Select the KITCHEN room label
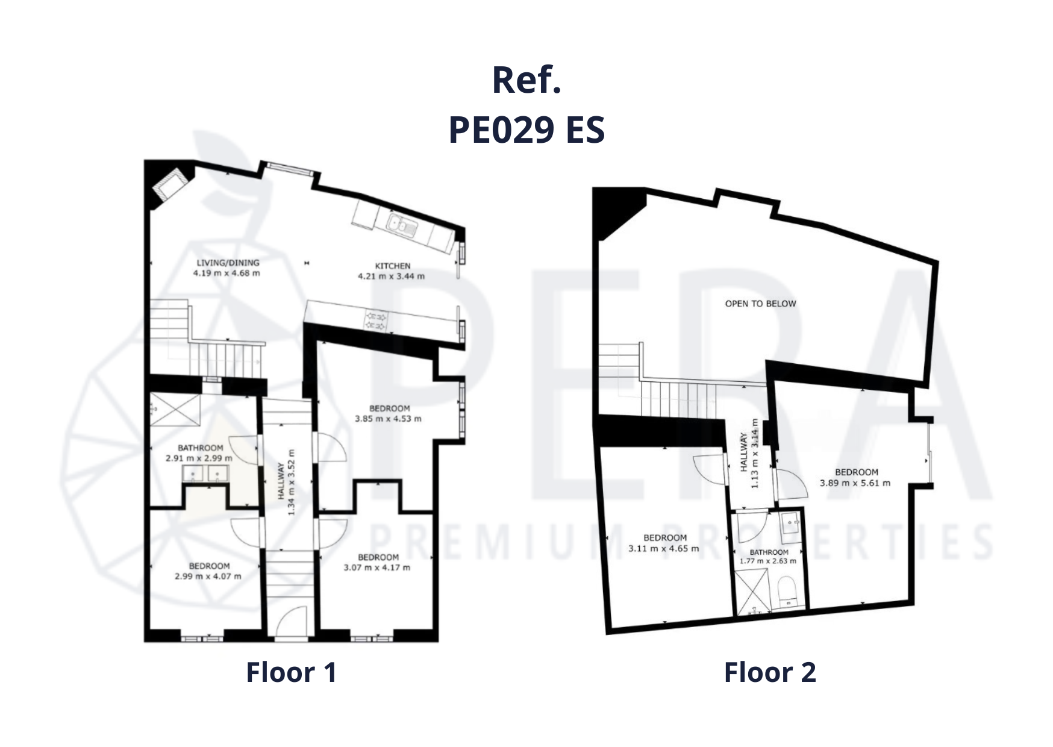coord(393,266)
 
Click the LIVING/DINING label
coord(228,263)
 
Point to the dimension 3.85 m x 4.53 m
coord(388,419)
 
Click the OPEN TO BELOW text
coord(760,304)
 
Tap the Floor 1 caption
coord(291,672)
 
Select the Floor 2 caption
coord(770,672)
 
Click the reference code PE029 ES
coord(526,130)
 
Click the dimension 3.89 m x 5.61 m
coord(855,483)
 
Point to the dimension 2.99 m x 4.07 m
coord(208,577)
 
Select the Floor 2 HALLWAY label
coord(745,452)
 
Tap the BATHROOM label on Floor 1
coord(200,448)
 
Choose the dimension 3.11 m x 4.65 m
coord(664,549)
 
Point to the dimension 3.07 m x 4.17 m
coord(377,567)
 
